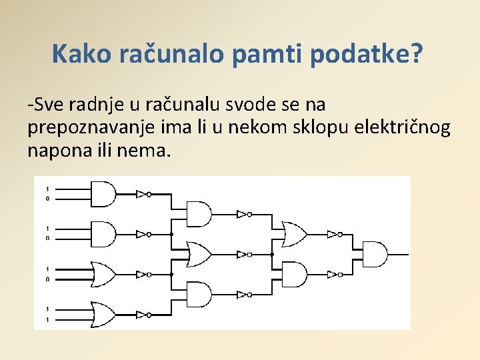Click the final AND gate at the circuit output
[374, 254]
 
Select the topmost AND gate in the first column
[102, 194]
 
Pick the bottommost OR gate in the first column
[102, 314]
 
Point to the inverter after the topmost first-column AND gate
[142, 194]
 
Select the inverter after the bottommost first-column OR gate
[142, 314]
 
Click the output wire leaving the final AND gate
[398, 254]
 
